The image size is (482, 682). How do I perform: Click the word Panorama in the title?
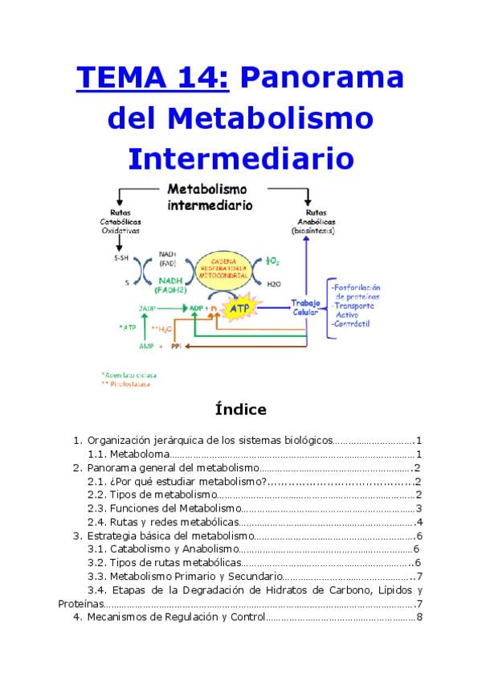click(321, 79)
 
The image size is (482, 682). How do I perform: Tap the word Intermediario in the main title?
click(241, 158)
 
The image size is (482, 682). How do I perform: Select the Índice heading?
click(241, 409)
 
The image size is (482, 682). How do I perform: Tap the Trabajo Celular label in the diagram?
click(306, 307)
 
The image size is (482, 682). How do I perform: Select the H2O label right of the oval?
click(273, 284)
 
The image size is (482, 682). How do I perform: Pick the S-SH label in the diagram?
click(121, 259)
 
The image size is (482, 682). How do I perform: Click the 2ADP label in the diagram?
click(147, 308)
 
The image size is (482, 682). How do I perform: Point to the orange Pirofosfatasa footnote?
click(128, 384)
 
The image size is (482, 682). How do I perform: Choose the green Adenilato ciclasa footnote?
click(129, 374)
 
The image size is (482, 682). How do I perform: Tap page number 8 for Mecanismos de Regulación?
click(419, 617)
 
